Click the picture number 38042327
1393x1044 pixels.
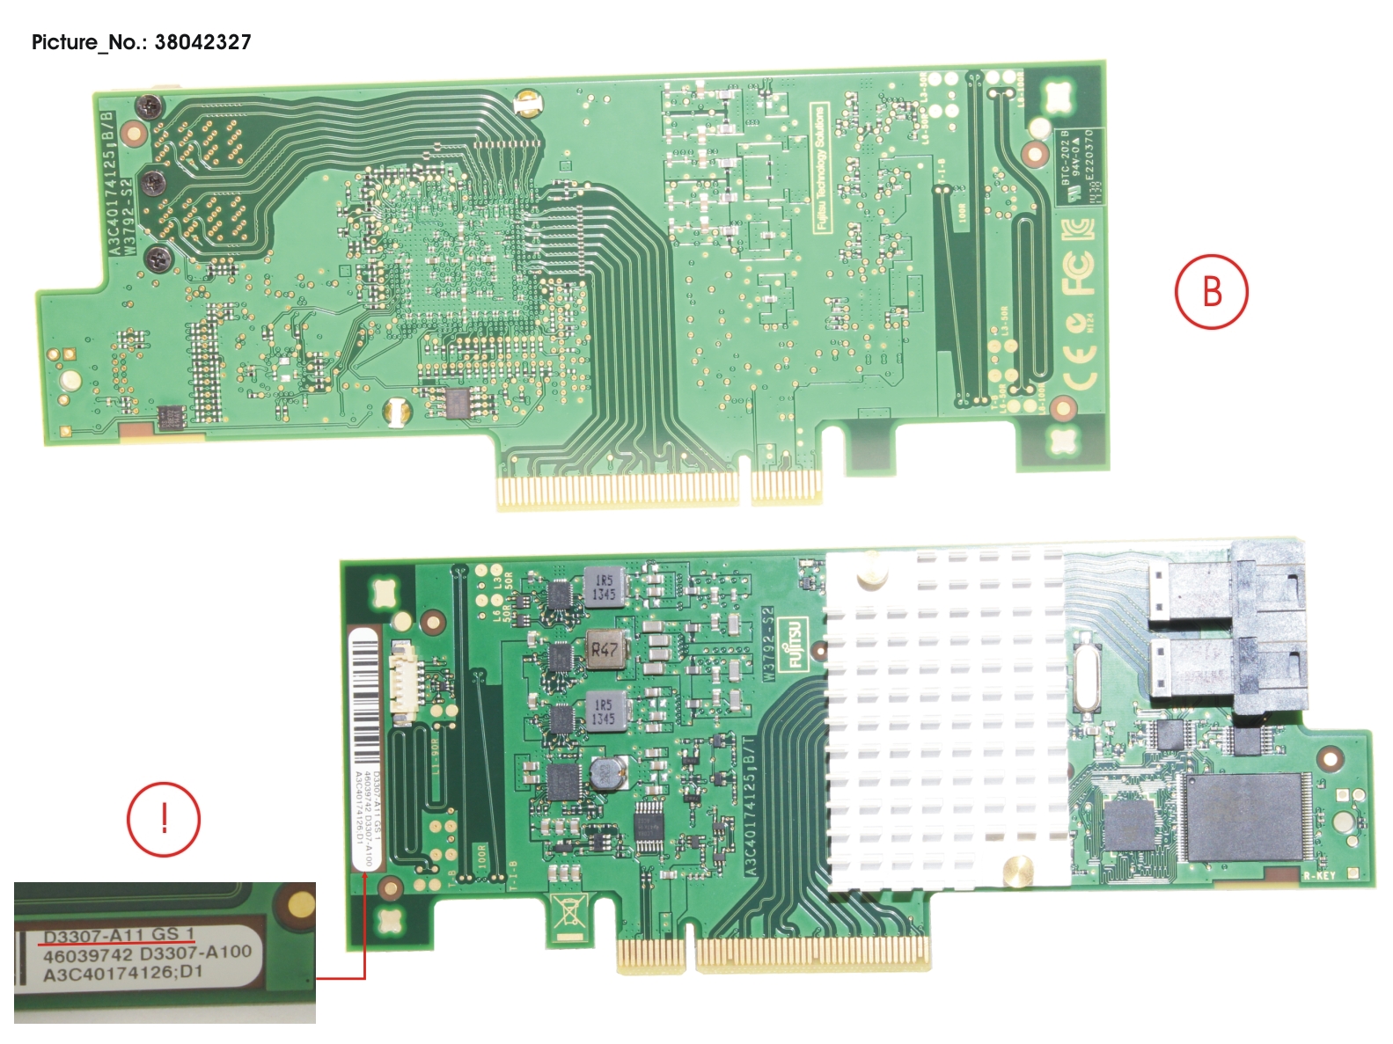point(202,42)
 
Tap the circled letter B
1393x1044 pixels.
point(1211,291)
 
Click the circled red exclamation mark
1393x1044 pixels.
point(164,819)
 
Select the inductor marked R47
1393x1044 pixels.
point(605,650)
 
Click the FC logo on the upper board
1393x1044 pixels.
point(1077,274)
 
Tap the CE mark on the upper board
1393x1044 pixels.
point(1080,367)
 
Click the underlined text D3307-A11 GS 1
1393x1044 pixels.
point(119,935)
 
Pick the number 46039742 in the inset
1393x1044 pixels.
point(87,955)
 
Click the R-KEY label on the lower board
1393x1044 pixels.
point(1319,875)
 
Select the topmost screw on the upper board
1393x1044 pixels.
point(149,107)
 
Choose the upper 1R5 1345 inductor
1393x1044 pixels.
point(604,587)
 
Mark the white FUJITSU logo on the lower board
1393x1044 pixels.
point(795,643)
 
